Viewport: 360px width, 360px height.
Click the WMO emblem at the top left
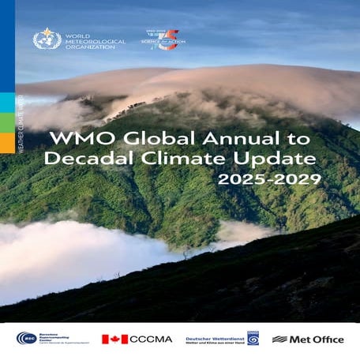point(47,39)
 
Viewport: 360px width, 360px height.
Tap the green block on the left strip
point(7,103)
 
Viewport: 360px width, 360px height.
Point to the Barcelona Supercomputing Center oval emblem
point(26,339)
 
